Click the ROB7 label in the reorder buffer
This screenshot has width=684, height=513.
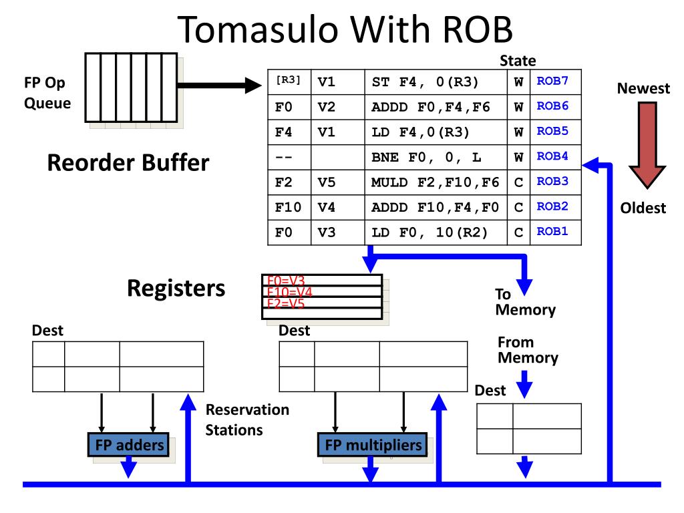[552, 81]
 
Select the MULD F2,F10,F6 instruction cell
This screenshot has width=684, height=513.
[436, 182]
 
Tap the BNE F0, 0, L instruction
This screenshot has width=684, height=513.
[426, 157]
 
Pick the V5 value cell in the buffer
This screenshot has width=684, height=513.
[326, 182]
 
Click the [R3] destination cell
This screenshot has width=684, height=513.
[288, 80]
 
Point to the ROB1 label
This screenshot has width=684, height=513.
[552, 231]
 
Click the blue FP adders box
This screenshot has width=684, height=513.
[129, 445]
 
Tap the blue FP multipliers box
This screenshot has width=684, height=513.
[373, 445]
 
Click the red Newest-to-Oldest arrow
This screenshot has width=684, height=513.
[647, 145]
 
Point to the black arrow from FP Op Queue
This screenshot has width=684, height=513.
[219, 85]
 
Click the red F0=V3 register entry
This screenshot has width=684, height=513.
[286, 280]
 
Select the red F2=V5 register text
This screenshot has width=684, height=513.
[286, 303]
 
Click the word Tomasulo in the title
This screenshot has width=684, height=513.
[259, 29]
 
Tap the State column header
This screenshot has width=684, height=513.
[518, 61]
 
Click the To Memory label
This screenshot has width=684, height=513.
[525, 302]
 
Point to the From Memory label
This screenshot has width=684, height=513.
[528, 350]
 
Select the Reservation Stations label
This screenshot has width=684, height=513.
[247, 419]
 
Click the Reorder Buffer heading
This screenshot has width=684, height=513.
[128, 163]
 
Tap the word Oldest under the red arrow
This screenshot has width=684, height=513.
[643, 208]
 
